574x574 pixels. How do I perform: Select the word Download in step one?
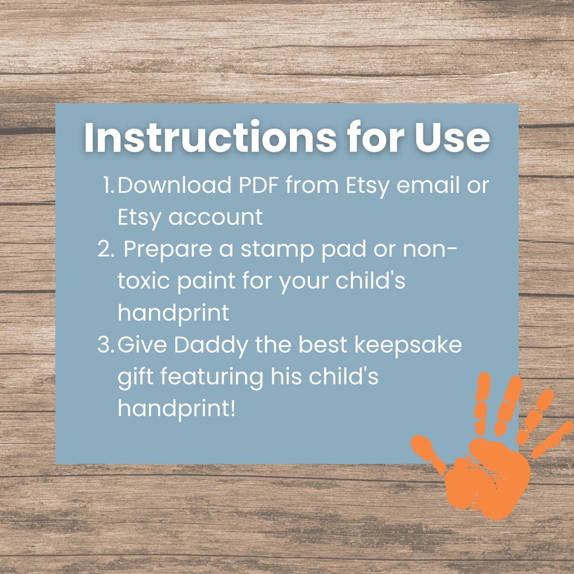coord(174,185)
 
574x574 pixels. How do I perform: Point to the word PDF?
coord(258,185)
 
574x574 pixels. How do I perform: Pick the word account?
coord(216,218)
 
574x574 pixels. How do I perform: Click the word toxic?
coord(143,281)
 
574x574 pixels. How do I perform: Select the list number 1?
coord(107,185)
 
